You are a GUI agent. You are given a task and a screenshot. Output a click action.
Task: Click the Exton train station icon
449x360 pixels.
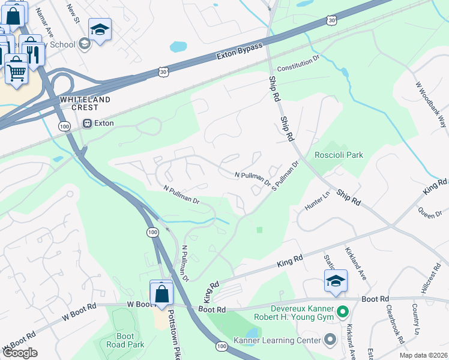click(87, 124)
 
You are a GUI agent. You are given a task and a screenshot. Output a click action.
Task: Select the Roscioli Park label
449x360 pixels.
click(339, 155)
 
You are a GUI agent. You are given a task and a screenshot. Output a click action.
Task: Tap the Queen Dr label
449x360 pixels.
click(430, 213)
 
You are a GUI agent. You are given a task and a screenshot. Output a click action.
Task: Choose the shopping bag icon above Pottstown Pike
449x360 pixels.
click(161, 294)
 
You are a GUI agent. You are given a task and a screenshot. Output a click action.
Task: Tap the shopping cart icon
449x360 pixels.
click(16, 71)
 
